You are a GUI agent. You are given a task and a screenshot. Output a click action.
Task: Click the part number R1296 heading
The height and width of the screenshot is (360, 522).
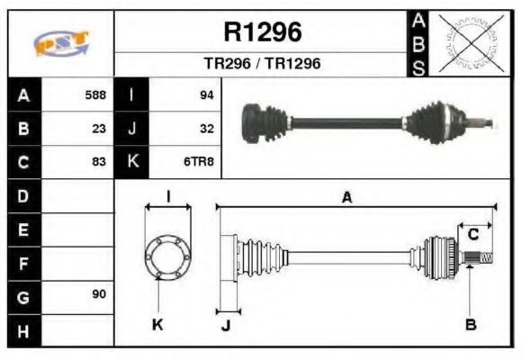262,33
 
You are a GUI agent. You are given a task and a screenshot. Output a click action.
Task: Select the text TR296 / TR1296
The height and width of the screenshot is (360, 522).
262,65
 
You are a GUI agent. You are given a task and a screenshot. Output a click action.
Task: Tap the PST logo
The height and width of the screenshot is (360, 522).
61,44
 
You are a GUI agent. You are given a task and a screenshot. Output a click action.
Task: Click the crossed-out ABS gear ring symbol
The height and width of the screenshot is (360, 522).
467,43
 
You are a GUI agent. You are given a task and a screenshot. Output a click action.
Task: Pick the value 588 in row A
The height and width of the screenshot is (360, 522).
95,94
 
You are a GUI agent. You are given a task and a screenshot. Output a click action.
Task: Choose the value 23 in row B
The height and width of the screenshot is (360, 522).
99,128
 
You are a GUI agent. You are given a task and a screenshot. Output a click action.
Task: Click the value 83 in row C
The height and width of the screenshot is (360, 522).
99,162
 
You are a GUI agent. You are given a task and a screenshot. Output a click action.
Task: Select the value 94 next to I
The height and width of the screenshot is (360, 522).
206,94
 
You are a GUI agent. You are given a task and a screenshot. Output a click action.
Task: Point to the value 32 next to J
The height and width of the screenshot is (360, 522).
206,128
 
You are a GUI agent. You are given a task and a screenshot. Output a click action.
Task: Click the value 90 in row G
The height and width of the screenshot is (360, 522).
99,294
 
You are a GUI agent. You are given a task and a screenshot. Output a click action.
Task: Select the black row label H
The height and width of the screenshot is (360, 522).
23,329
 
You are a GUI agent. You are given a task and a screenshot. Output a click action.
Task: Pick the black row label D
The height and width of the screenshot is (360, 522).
23,195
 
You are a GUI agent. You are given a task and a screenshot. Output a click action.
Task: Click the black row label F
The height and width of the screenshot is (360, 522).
23,263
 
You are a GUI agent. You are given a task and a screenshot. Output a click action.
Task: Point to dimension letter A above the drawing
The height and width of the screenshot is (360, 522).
346,197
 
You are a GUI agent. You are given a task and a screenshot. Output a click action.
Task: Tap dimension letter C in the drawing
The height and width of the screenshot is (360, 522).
472,235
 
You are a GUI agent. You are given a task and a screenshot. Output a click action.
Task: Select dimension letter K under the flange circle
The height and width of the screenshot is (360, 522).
157,325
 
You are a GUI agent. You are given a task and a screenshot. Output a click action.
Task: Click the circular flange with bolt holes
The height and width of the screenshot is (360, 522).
167,256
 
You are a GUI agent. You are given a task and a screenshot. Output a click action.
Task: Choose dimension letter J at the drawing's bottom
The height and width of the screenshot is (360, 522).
225,325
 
